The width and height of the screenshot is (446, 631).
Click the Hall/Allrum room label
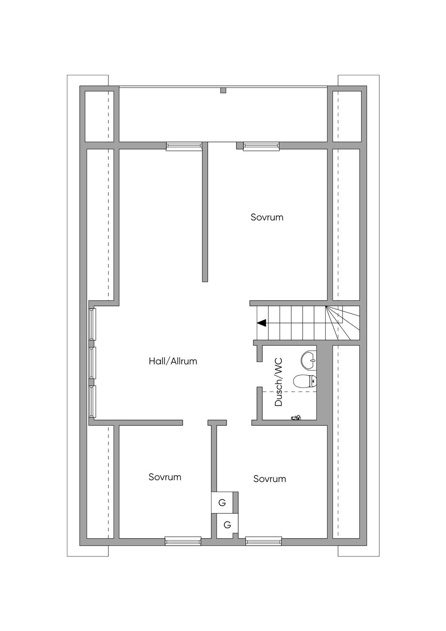click(x=173, y=361)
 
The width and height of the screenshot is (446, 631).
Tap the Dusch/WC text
click(x=279, y=382)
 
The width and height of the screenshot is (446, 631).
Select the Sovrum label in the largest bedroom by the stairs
click(x=267, y=217)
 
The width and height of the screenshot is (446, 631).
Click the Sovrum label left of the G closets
click(x=165, y=477)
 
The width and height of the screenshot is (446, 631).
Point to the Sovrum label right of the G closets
click(x=270, y=479)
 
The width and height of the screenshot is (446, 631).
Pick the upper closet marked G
click(x=222, y=503)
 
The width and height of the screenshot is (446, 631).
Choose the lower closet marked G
click(x=227, y=525)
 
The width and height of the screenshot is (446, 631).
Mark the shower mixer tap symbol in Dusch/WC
click(x=296, y=418)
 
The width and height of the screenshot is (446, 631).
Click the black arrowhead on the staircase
click(x=262, y=323)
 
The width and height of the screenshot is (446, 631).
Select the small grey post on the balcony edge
click(x=223, y=91)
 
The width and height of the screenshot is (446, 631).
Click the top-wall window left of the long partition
click(x=184, y=146)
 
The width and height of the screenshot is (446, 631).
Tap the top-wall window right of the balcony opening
click(x=261, y=146)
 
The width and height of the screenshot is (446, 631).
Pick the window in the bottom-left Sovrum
click(x=183, y=541)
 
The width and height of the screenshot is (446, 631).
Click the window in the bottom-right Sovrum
click(x=264, y=541)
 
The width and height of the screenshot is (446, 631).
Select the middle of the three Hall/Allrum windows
click(x=92, y=363)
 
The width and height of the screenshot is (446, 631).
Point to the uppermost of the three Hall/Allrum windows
click(x=92, y=324)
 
